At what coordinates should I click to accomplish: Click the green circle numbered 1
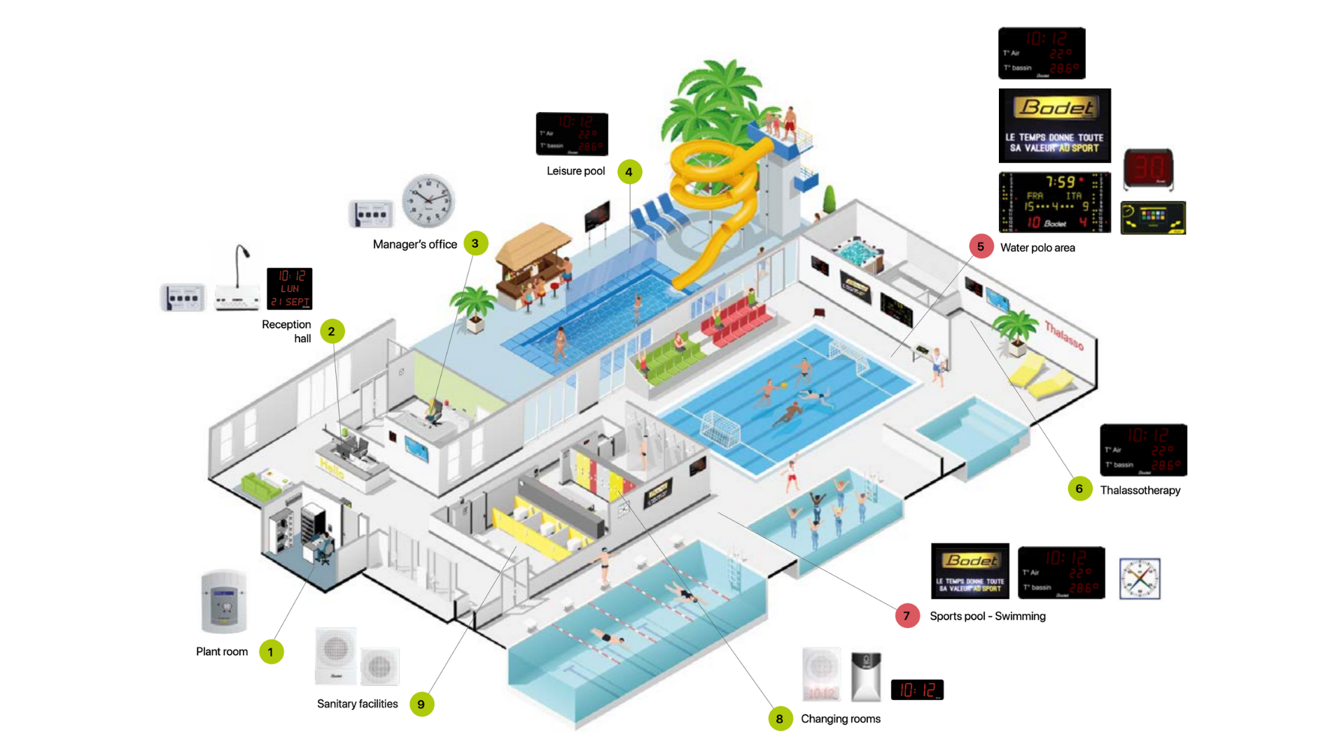[271, 652]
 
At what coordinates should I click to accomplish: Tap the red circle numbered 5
[981, 246]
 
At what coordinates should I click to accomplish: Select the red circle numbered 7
[907, 616]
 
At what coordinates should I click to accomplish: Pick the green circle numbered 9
[421, 704]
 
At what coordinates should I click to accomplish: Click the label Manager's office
[414, 244]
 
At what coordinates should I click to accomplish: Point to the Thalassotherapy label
[1140, 490]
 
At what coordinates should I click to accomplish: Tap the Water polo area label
[1037, 247]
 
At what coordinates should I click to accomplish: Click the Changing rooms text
[840, 719]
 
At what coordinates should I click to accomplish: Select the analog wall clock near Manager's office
[428, 201]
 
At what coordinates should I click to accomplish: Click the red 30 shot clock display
[1148, 169]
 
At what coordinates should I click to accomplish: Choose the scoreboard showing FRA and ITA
[1054, 202]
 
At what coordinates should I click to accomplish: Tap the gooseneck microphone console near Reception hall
[238, 280]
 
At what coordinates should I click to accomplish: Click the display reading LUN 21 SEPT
[289, 288]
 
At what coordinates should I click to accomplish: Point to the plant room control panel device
[224, 602]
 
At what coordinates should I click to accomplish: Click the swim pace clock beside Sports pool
[1140, 578]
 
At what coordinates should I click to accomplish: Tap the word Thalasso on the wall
[1064, 335]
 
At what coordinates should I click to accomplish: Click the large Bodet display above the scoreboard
[1054, 125]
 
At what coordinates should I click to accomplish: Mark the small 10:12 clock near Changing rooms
[917, 689]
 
